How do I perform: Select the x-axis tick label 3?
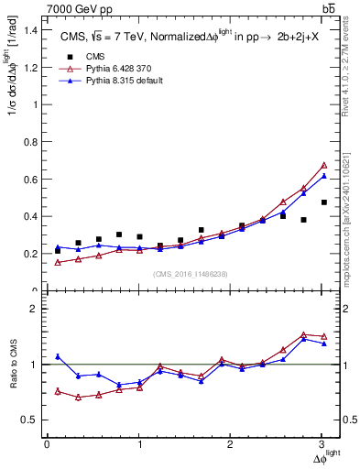pos(323,444)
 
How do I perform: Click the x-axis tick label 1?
pos(139,444)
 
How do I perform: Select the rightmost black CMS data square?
pos(324,202)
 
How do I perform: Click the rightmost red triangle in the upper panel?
pos(324,165)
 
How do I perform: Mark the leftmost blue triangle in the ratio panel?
pos(58,356)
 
